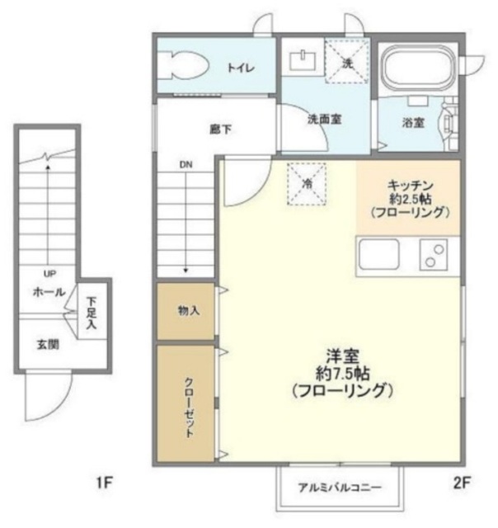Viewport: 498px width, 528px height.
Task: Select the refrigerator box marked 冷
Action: click(x=307, y=183)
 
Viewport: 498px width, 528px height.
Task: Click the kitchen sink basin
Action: click(x=378, y=254)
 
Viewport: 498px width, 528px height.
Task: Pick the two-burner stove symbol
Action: click(x=433, y=254)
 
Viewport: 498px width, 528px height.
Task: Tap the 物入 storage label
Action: click(x=188, y=310)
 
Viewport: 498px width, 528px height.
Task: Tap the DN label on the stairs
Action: click(x=185, y=164)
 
